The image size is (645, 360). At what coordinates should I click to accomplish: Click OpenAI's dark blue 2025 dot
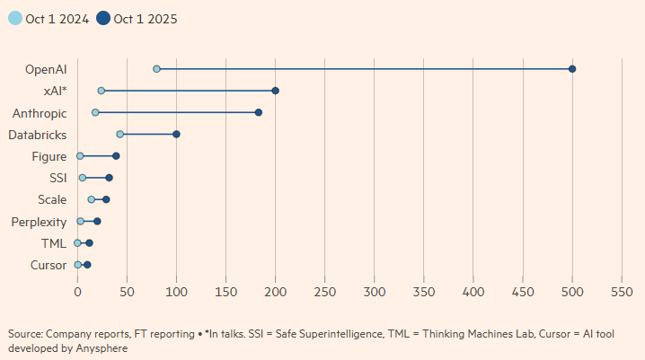pyautogui.click(x=572, y=69)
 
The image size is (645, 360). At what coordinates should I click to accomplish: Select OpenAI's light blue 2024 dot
pyautogui.click(x=156, y=69)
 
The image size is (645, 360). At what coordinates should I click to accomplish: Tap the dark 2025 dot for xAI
pyautogui.click(x=276, y=91)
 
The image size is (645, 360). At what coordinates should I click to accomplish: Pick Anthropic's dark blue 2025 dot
pyautogui.click(x=259, y=112)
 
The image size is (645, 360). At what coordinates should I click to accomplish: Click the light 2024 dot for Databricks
pyautogui.click(x=119, y=134)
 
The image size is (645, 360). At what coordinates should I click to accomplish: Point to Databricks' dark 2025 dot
pyautogui.click(x=176, y=134)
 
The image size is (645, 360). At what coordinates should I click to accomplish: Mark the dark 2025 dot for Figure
pyautogui.click(x=116, y=156)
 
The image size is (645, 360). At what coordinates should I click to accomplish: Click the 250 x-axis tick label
pyautogui.click(x=325, y=292)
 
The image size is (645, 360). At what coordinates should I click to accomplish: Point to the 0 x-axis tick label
pyautogui.click(x=77, y=292)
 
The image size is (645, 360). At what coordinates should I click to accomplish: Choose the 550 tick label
pyautogui.click(x=622, y=292)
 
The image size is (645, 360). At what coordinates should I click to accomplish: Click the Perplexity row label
pyautogui.click(x=39, y=221)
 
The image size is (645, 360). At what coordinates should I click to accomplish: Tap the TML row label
pyautogui.click(x=54, y=243)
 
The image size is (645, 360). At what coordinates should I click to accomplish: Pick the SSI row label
pyautogui.click(x=58, y=178)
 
